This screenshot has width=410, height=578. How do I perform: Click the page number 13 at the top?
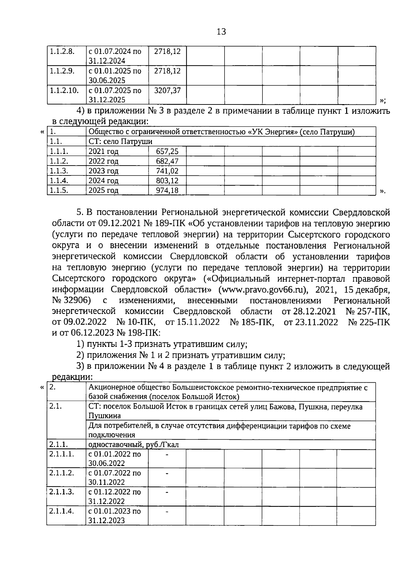click(x=221, y=32)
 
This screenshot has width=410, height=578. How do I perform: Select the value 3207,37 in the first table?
click(x=167, y=90)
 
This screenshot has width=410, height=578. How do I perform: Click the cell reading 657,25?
click(x=167, y=152)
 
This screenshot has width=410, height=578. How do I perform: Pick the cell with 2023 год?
click(x=103, y=171)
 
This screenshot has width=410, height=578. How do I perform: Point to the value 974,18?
click(x=167, y=191)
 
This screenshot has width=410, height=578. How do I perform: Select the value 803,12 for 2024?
click(x=167, y=181)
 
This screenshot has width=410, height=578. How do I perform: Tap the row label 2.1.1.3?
click(x=61, y=492)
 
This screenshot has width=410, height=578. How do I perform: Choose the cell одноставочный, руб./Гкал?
click(x=134, y=445)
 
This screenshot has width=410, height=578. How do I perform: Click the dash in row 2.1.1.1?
click(x=167, y=454)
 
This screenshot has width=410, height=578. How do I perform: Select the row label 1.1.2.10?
click(x=64, y=90)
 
